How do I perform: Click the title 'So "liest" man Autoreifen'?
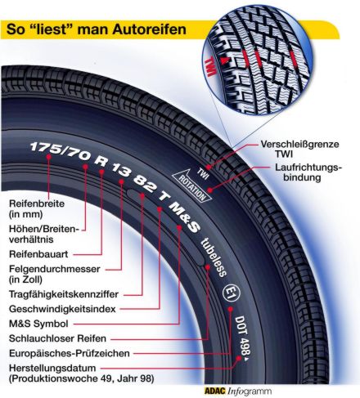coord(97,29)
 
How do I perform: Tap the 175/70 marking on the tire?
coord(60,151)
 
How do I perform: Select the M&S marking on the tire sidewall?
coord(185,217)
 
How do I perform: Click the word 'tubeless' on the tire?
coord(214,257)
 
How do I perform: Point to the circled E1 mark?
coord(232,293)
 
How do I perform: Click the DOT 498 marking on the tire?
coord(243,337)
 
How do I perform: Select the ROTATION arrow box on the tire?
coord(192,186)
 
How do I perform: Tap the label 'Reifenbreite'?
coord(37,203)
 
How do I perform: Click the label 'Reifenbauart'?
coord(38,254)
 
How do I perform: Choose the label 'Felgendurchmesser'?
coord(55,269)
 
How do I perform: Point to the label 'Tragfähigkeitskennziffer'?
coord(64,294)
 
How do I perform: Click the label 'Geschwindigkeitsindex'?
coord(62,309)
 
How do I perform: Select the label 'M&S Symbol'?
coord(38,324)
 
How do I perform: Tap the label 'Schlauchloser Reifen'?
coord(57,338)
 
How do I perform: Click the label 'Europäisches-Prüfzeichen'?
coord(70,353)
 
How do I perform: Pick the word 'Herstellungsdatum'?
coord(52,368)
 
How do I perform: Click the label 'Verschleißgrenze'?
coord(299,144)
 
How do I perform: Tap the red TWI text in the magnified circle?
coord(210,66)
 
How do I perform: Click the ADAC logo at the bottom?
coord(215,391)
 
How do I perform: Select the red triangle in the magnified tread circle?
coord(224,60)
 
